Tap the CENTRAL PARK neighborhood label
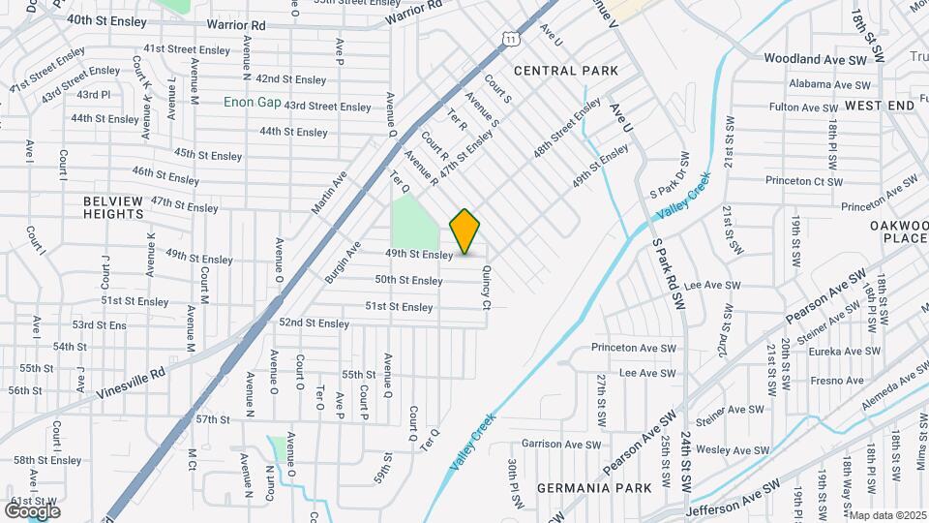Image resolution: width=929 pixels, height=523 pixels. point(565,71)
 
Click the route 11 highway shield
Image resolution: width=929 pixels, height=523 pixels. point(509,37)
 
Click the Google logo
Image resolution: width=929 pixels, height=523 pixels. point(32,510)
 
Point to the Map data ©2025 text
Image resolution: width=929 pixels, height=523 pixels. point(887,515)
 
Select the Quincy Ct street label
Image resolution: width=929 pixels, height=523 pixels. point(487,289)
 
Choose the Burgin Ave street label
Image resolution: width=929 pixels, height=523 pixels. point(343,261)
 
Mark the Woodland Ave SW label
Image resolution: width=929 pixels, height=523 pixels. point(815,60)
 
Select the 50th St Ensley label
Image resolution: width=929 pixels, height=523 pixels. point(409,281)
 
